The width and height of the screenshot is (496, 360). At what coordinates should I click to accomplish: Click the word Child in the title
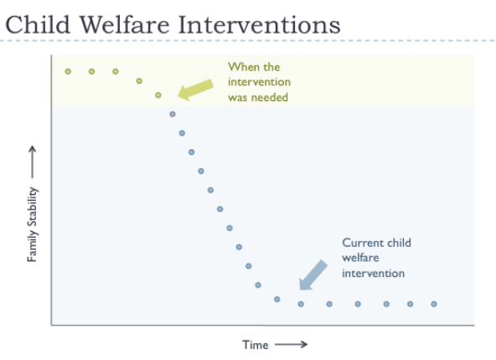coord(38,24)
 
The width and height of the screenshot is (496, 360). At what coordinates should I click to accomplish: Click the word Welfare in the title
coord(124,24)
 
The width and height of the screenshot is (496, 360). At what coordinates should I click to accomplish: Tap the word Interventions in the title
coord(260,24)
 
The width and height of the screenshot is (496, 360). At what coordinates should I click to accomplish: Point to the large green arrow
coord(196,90)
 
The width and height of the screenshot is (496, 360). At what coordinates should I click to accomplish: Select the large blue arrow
coord(313,275)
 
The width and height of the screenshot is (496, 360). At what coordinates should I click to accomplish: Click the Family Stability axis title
coord(33,224)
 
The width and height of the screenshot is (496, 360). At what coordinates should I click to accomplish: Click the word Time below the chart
coord(256,345)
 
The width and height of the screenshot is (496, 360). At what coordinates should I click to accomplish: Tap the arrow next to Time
coord(291,344)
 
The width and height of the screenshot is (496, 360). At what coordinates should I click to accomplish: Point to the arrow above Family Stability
coord(33,162)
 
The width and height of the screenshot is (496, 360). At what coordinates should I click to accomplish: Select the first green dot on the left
coord(68,71)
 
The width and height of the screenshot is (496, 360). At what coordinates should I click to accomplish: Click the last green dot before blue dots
coord(158,95)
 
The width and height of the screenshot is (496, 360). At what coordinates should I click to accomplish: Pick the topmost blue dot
coord(173,114)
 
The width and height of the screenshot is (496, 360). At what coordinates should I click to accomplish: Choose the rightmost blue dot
coord(434,304)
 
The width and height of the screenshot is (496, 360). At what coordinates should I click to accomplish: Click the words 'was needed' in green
coord(258,97)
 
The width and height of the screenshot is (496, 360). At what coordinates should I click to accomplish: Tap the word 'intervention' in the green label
coord(260,82)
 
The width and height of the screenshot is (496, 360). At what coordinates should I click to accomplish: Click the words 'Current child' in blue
coord(376,243)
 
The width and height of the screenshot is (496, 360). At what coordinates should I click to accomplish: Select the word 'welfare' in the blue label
coord(360,258)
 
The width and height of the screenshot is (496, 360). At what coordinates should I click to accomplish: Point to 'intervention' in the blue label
coord(374,273)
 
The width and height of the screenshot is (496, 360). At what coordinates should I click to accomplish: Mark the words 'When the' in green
coord(254,67)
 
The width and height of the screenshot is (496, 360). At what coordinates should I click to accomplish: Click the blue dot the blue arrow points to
coord(301,304)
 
